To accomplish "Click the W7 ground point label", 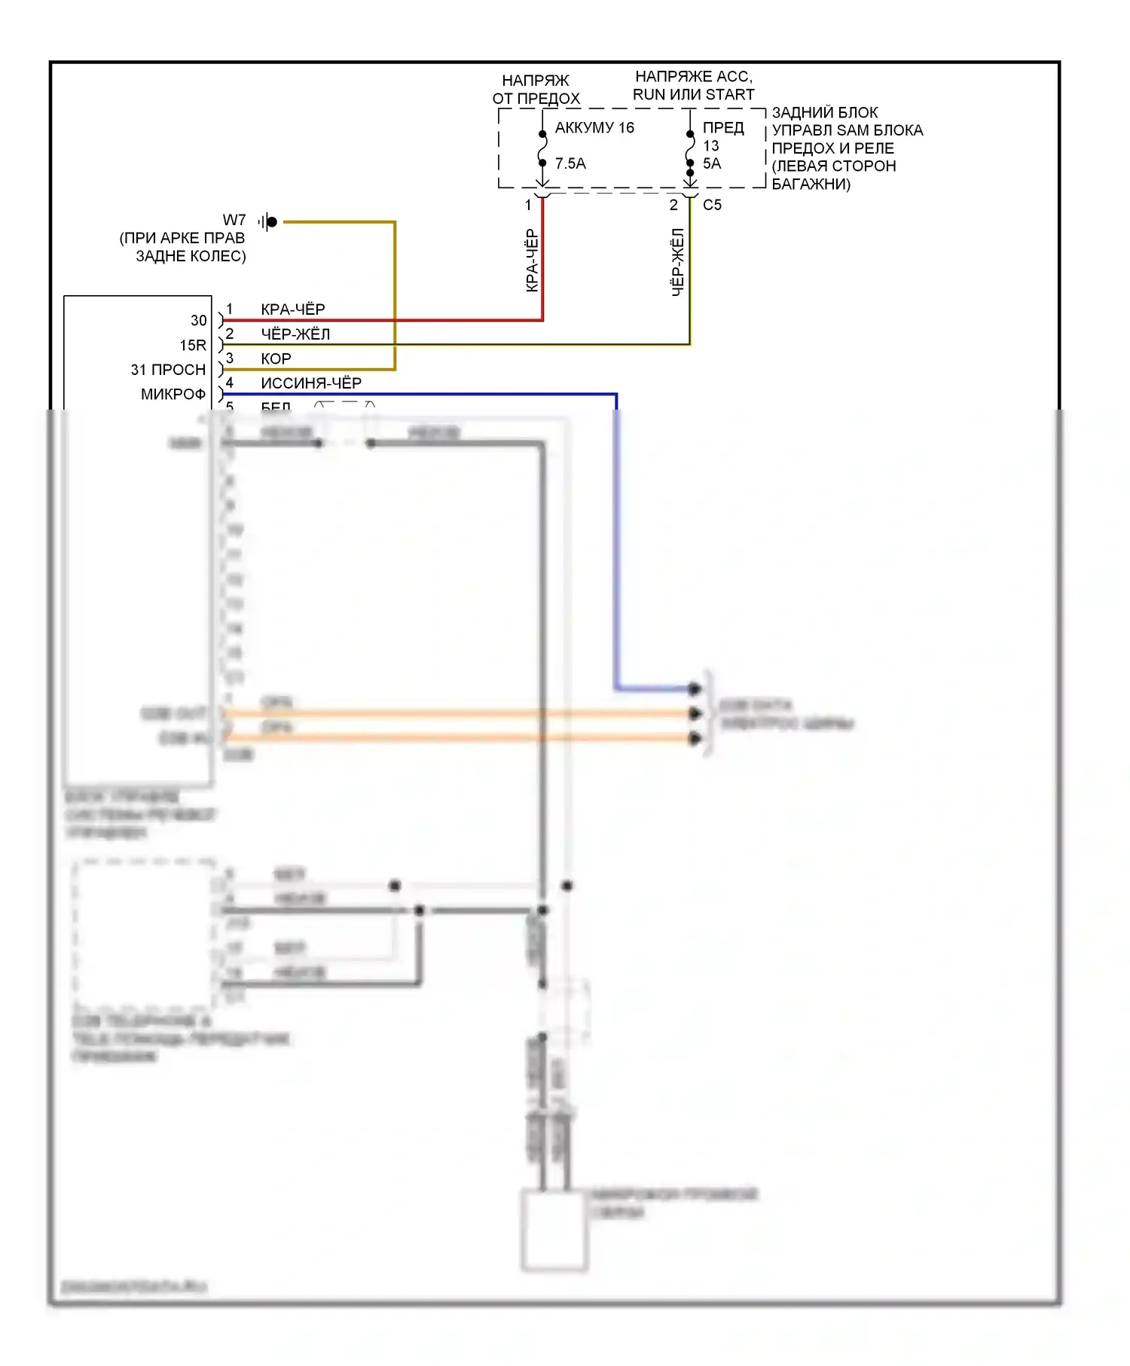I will [x=234, y=220].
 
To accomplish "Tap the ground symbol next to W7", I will [x=267, y=221].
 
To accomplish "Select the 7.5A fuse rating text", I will [x=570, y=163].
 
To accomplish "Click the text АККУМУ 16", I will [x=594, y=128].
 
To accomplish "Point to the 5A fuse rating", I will [x=712, y=163].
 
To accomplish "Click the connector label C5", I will [x=712, y=205].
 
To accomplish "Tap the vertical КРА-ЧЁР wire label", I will [x=532, y=261].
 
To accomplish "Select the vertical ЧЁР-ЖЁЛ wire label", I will [x=678, y=262].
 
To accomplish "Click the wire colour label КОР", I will [x=276, y=358].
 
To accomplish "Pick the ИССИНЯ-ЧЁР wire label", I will [x=311, y=383].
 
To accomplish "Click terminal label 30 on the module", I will [x=198, y=321].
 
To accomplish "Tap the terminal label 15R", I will [x=193, y=346].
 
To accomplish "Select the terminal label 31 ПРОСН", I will [x=168, y=370].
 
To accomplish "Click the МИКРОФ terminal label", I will [x=173, y=395].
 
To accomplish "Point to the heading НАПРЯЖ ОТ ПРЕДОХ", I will [x=536, y=90].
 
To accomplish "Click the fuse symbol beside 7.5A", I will [x=542, y=148].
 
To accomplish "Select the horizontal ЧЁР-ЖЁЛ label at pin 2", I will [x=295, y=334].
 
